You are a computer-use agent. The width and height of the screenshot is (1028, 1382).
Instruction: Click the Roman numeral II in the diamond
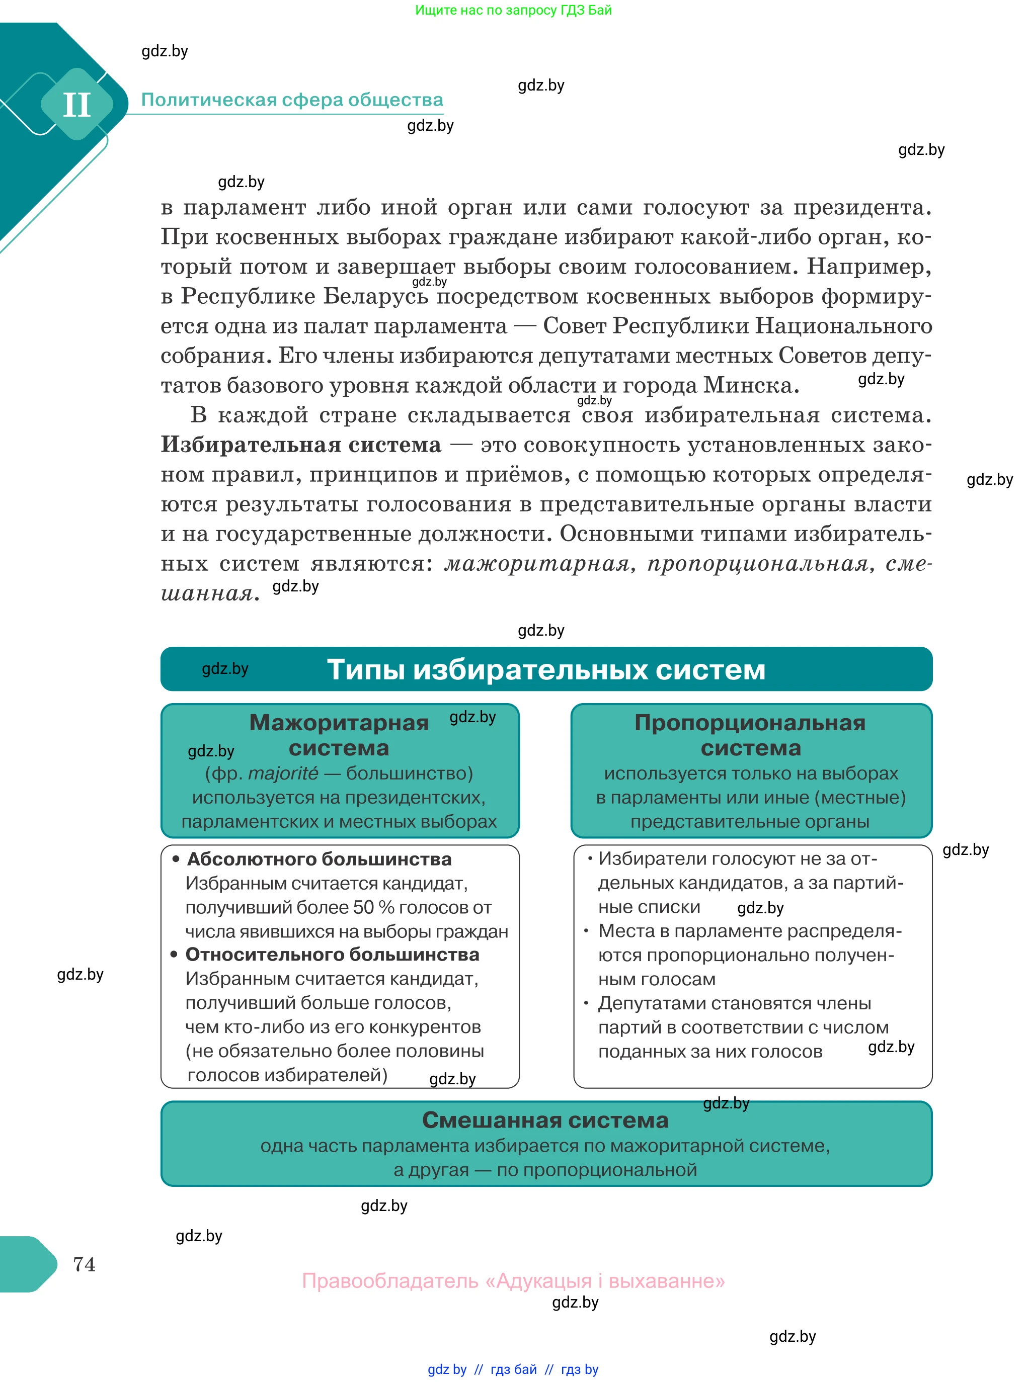tap(76, 105)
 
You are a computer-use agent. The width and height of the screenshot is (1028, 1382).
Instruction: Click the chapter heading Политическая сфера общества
tap(292, 100)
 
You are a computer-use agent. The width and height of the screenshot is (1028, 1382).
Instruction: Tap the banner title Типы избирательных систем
tap(546, 669)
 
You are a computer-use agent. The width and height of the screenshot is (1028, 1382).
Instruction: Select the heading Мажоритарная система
tap(339, 735)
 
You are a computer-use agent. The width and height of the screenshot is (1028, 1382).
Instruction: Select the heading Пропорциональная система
tap(750, 735)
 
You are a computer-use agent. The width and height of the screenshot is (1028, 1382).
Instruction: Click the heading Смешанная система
tap(545, 1119)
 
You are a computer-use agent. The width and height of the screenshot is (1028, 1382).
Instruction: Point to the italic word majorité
tap(283, 773)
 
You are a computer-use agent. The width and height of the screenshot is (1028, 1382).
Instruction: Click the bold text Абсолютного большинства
tap(319, 859)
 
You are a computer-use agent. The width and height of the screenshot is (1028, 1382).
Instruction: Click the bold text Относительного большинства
tap(332, 954)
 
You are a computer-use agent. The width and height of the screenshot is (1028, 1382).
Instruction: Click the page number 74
tap(84, 1264)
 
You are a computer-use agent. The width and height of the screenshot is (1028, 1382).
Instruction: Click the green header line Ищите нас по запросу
tap(513, 10)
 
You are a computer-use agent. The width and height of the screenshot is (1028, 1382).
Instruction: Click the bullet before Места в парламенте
tap(586, 930)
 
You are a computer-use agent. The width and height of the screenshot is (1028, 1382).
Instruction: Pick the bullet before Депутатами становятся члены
tap(586, 1003)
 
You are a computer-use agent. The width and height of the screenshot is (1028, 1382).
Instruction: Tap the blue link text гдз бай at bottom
tap(513, 1369)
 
